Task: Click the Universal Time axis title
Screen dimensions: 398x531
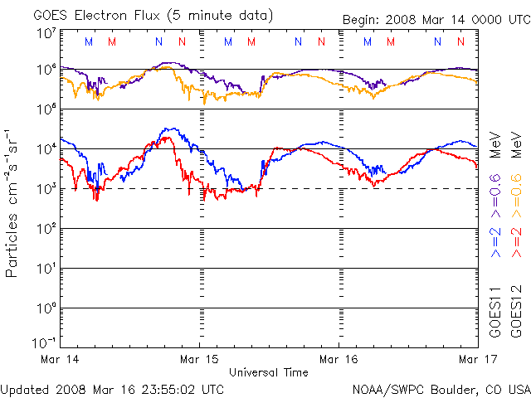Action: [x=269, y=372]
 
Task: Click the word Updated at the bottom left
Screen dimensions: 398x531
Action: [x=26, y=388]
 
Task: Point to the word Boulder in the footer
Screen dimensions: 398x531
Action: [x=454, y=388]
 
